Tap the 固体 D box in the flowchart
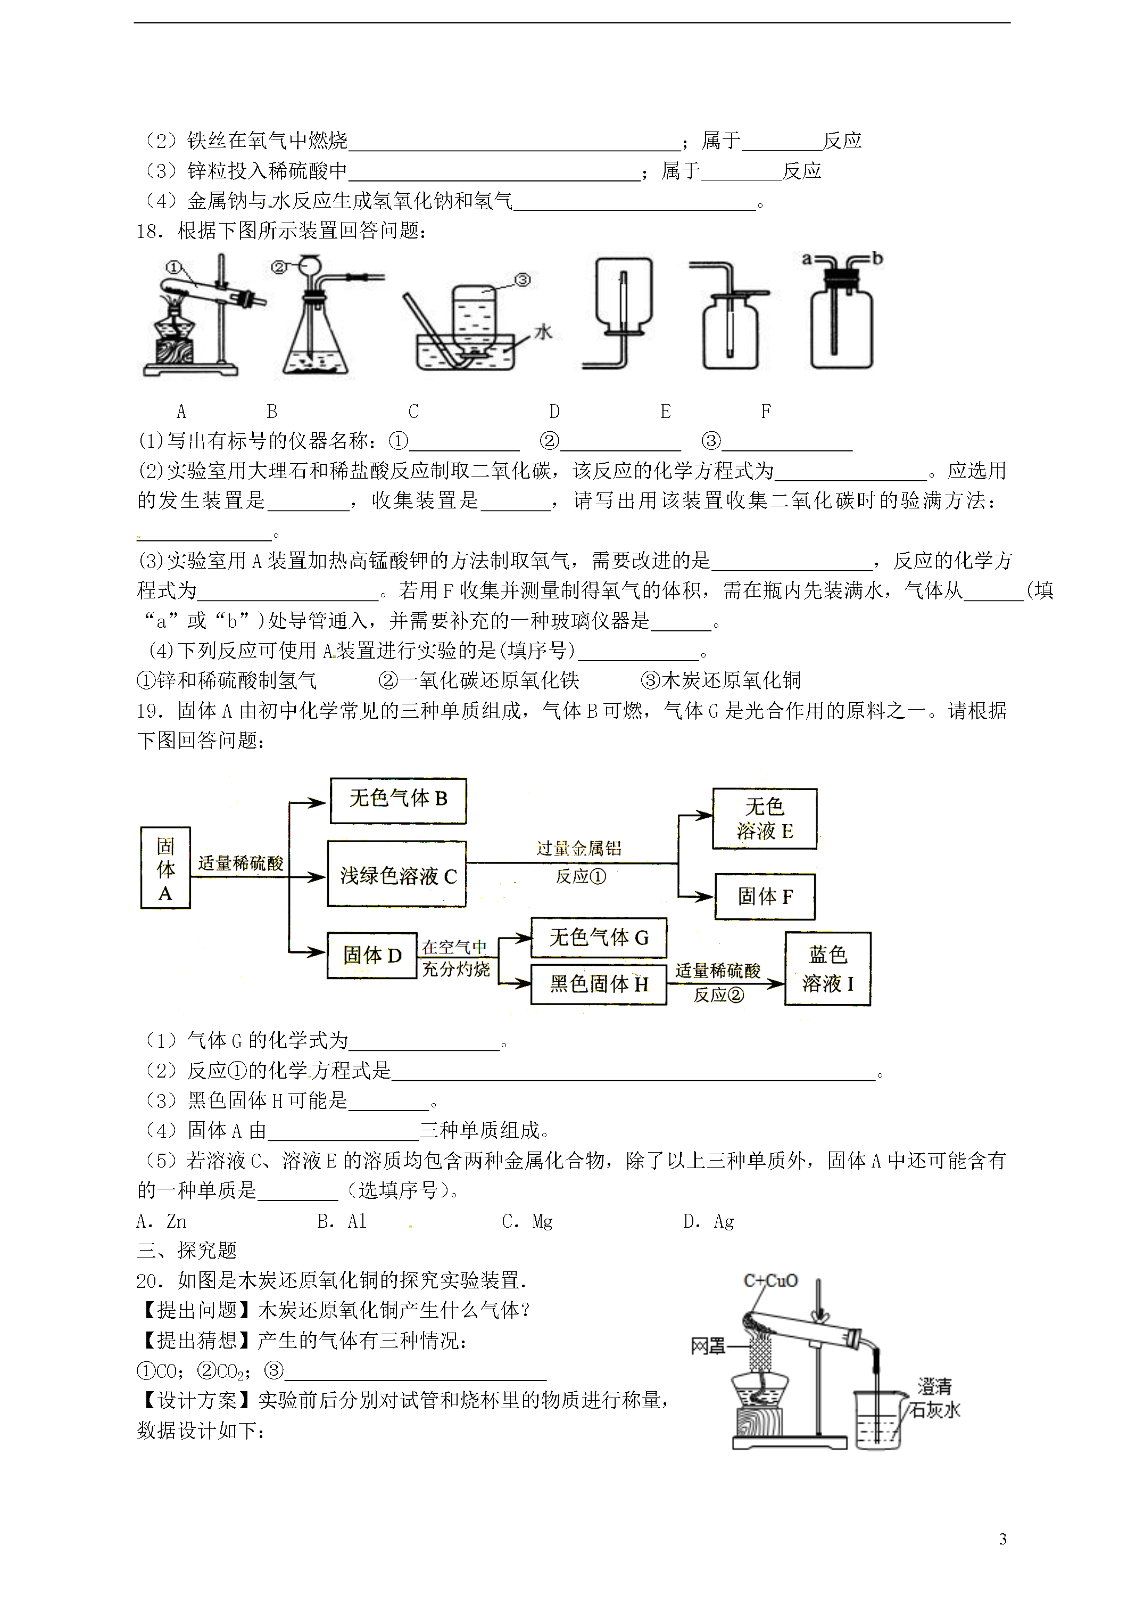371,955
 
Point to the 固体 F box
765,896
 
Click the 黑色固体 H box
599,984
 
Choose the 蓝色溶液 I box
827,968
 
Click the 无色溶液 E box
765,818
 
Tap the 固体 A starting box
165,868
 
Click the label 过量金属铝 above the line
579,848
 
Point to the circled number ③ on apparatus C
523,280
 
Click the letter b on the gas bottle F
877,259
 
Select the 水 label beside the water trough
543,332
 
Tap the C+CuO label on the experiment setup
770,1280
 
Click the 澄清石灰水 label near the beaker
935,1398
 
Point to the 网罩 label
707,1346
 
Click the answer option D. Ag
708,1221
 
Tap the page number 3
1003,1539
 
